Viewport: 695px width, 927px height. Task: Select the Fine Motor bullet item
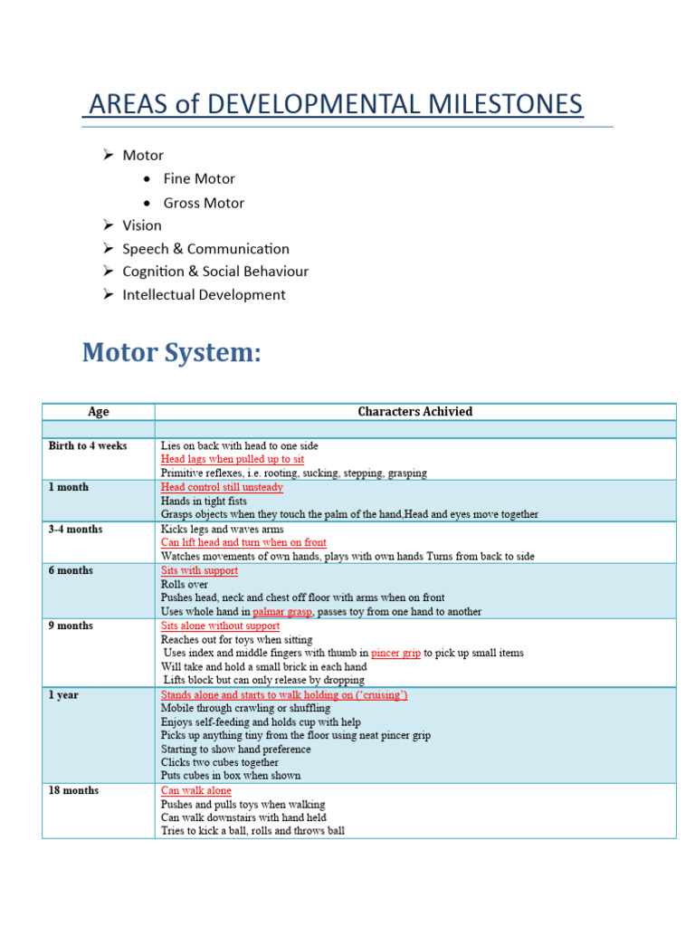coord(198,179)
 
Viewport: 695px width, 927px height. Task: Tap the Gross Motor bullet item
coord(203,203)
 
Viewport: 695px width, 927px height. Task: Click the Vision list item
coord(142,225)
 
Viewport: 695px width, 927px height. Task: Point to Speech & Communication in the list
coord(205,249)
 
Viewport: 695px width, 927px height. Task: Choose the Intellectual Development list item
coord(204,294)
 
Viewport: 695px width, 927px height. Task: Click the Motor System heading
coord(171,352)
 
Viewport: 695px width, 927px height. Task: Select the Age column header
coord(99,412)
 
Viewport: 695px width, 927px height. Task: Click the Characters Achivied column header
coord(414,412)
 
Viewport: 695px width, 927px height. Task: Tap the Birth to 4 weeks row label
coord(88,446)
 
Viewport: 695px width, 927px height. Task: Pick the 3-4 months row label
coord(75,530)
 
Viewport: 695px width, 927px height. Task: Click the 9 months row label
coord(71,626)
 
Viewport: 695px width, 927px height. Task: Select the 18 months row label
coord(73,790)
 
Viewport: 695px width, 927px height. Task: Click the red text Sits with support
coord(199,571)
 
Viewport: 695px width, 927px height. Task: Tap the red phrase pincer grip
coord(395,653)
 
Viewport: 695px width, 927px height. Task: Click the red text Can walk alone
coord(195,790)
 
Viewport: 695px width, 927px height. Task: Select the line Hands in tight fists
coord(204,501)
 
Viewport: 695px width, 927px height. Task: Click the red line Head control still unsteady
coord(222,487)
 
